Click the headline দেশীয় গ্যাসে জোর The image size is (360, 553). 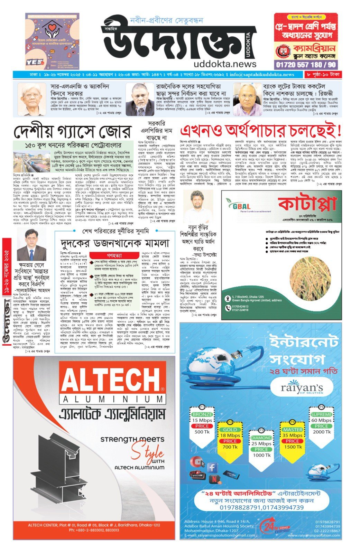coord(73,132)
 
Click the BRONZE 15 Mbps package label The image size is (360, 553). coord(202,414)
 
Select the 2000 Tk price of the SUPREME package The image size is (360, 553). coord(321,432)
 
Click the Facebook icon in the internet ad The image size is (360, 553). coord(212,468)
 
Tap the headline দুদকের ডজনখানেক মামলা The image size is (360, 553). coord(114,243)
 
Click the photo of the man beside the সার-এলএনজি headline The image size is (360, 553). coord(32,100)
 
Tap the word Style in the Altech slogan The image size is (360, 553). coord(147,452)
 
